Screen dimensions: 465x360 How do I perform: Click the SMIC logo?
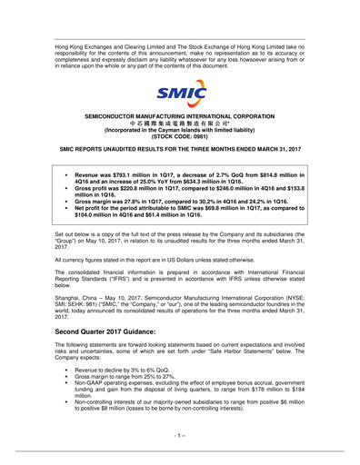[180, 93]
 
